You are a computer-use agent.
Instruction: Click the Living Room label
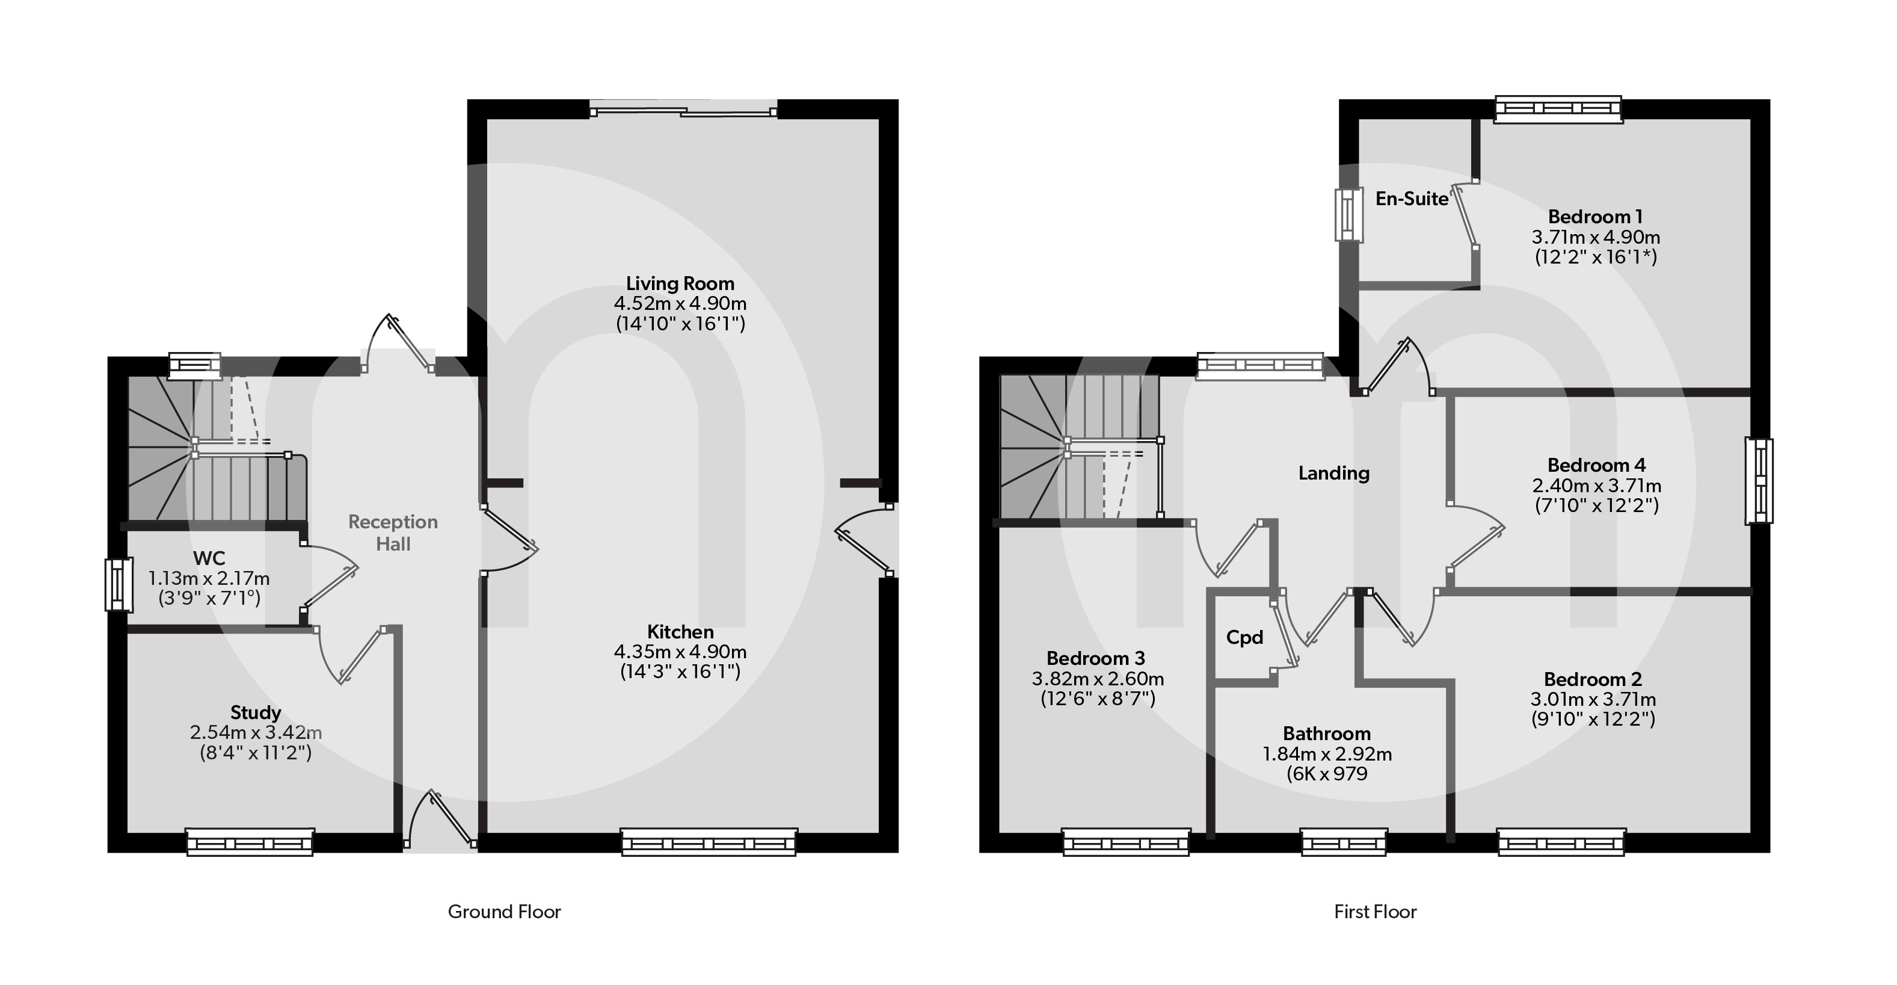click(680, 283)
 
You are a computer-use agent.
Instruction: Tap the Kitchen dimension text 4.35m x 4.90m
click(680, 652)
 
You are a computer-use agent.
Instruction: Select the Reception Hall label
click(393, 533)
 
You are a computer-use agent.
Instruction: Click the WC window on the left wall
click(118, 585)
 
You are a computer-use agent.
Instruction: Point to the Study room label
click(256, 712)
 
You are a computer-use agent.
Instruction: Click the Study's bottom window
click(250, 842)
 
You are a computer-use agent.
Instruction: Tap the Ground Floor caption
click(505, 912)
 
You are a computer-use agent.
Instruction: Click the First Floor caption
click(1375, 912)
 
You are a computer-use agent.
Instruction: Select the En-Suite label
click(1412, 199)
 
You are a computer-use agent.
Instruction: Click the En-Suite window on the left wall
click(1348, 215)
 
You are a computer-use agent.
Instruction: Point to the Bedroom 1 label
click(1595, 217)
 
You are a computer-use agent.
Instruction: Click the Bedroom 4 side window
click(1759, 481)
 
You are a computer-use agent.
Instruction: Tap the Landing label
click(1333, 473)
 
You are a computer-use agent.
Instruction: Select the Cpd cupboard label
click(1244, 637)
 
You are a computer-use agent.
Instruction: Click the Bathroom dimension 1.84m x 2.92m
click(1327, 755)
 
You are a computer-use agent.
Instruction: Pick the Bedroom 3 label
click(1095, 658)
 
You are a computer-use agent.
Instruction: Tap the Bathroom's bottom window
click(1344, 842)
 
